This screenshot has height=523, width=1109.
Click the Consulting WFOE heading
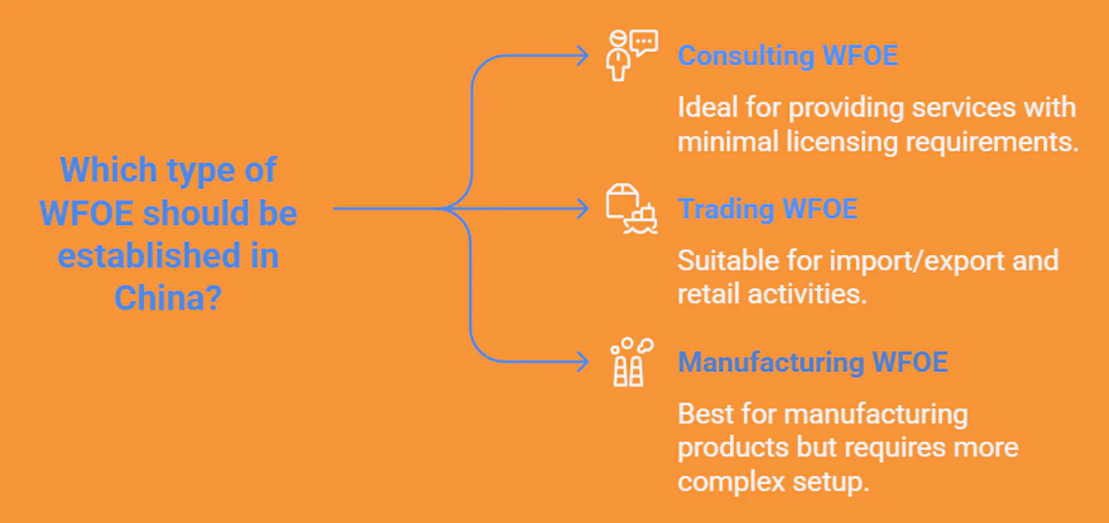pos(787,55)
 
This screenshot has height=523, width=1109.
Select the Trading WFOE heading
pos(767,208)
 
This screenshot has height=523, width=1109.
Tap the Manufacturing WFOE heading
pos(812,361)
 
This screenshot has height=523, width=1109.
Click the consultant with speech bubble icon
pos(632,55)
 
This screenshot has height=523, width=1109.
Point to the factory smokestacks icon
pos(632,361)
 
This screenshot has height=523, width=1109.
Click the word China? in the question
pos(168,298)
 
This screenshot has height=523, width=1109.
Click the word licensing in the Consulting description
pos(842,142)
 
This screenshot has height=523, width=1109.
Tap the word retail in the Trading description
pos(708,294)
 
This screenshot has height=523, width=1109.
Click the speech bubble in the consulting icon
pos(645,42)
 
